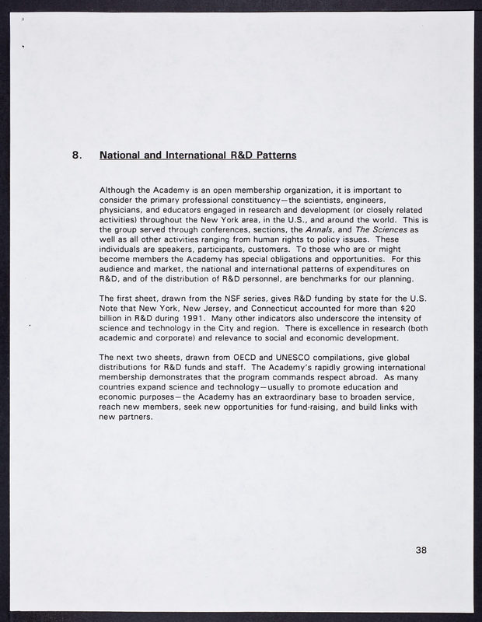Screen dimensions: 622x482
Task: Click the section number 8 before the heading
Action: (x=77, y=155)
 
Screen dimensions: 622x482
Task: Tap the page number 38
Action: (x=421, y=550)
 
